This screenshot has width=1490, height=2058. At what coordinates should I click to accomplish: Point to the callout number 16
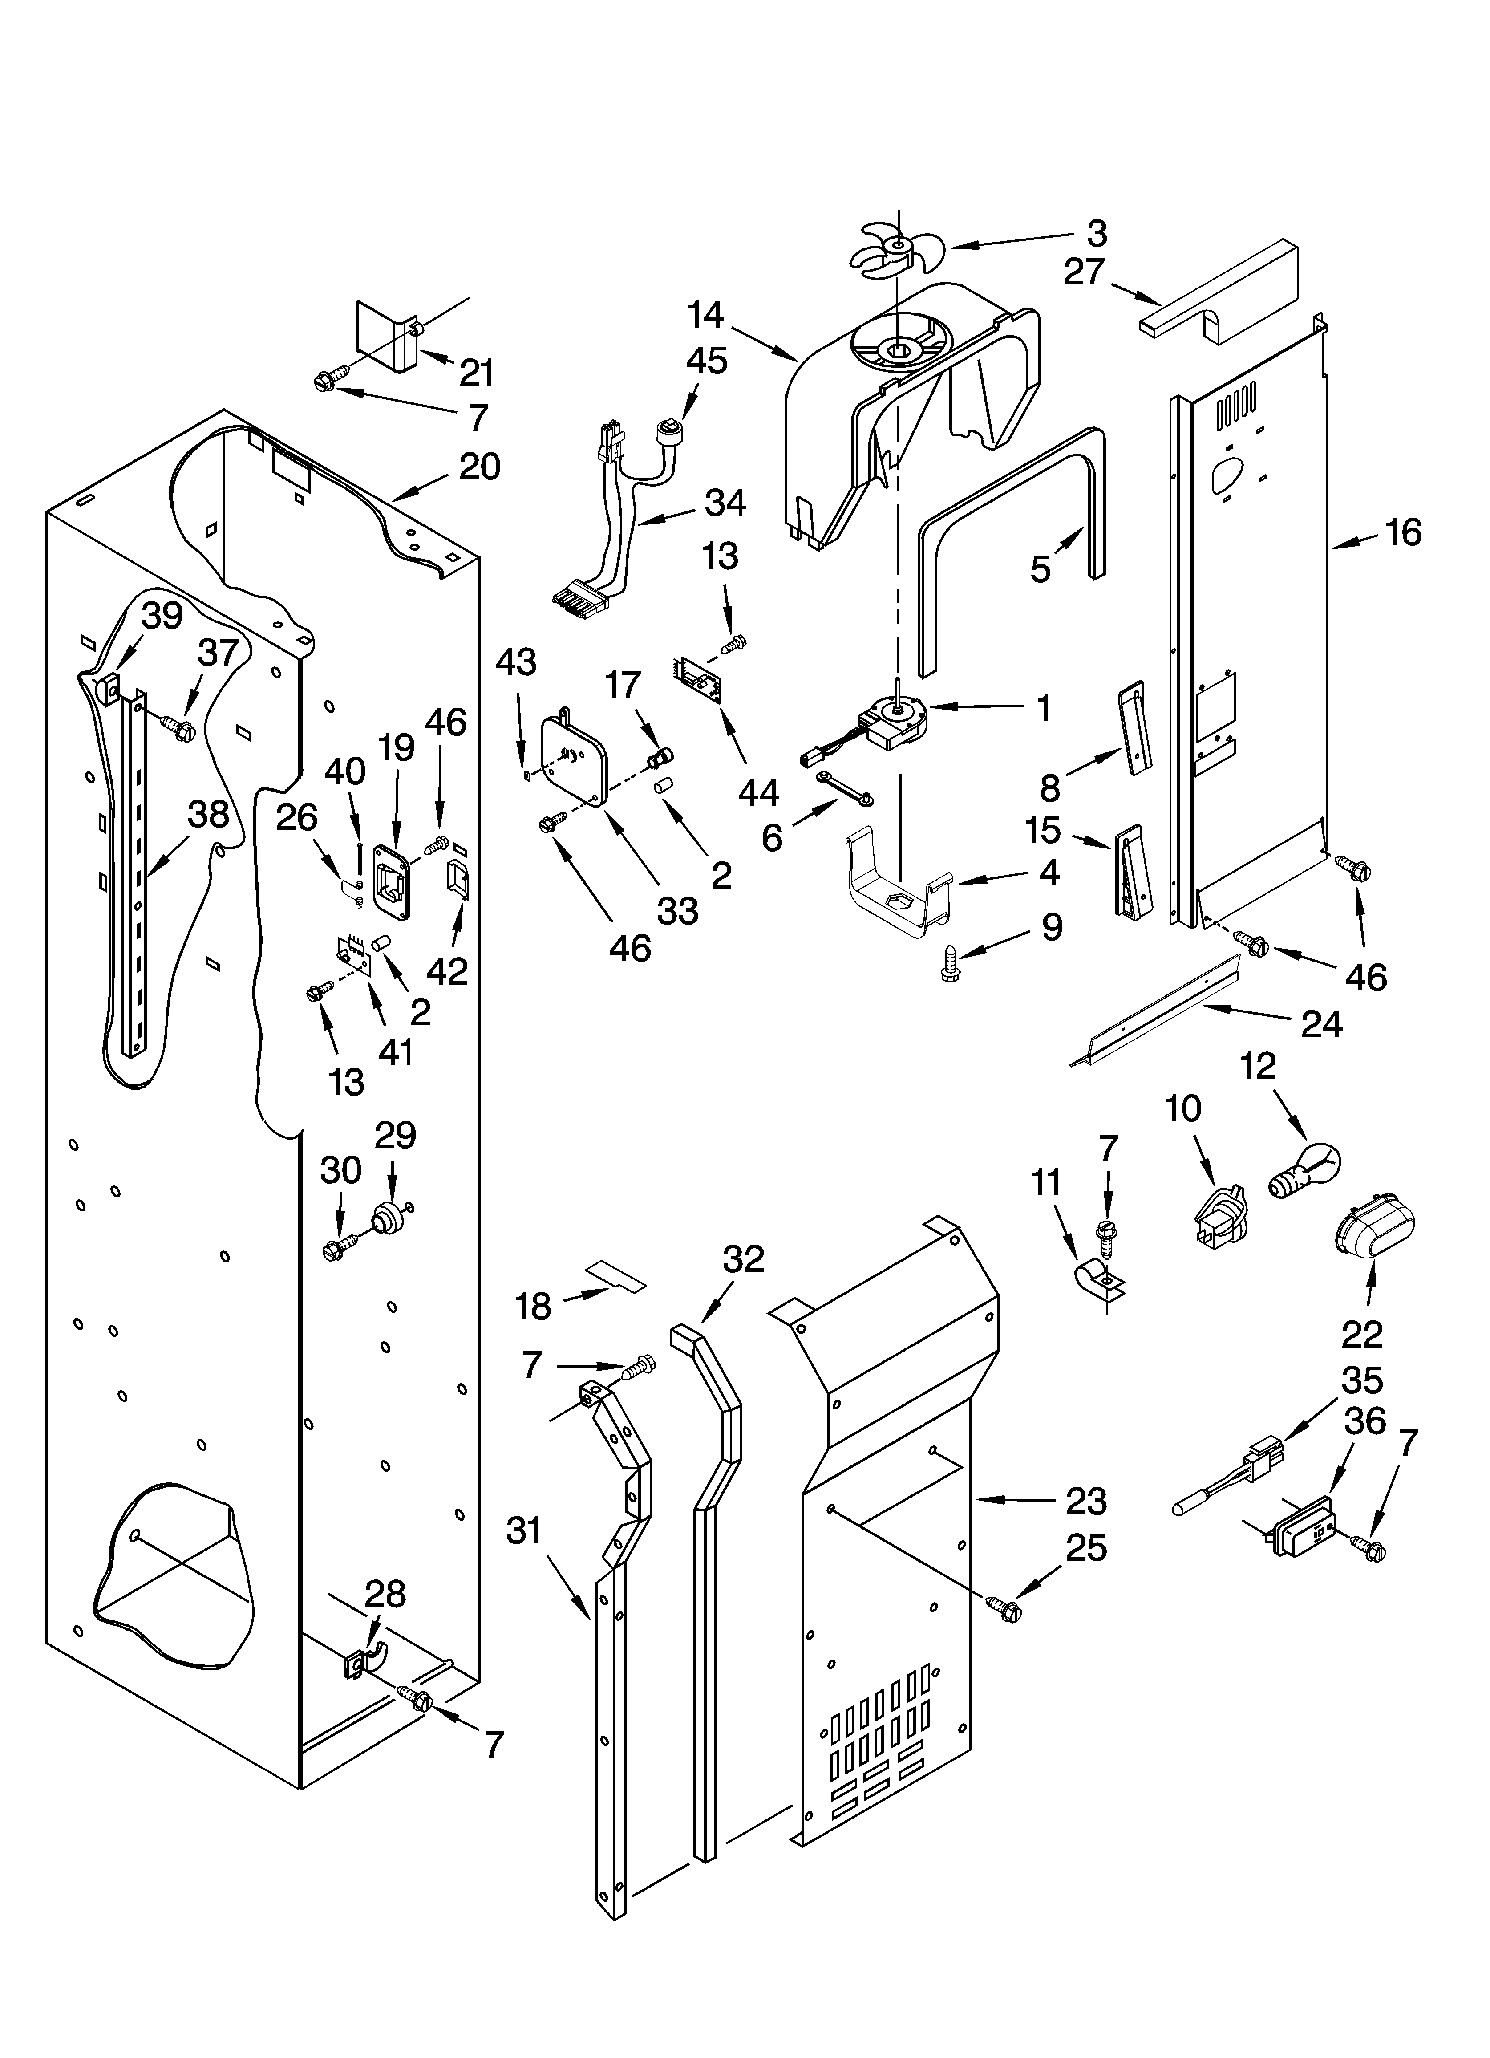coord(1403,533)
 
